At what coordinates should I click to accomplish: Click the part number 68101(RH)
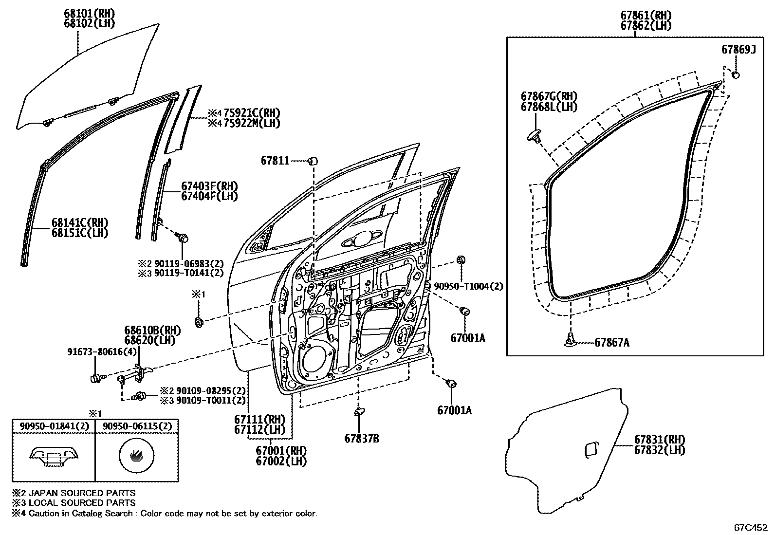click(89, 14)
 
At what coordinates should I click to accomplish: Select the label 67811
click(275, 161)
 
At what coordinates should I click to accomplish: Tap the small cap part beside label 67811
click(313, 161)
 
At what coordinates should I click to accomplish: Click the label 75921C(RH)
click(252, 113)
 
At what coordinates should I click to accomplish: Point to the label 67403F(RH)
click(210, 186)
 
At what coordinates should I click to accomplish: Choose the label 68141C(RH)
click(80, 222)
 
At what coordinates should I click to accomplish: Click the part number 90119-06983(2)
click(189, 264)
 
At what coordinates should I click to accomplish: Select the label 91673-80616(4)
click(102, 352)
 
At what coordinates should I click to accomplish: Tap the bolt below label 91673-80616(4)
click(95, 378)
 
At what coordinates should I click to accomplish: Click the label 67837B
click(362, 439)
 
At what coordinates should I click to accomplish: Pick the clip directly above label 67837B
click(359, 411)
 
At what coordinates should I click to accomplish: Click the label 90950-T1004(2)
click(468, 286)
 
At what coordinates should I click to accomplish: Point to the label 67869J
click(738, 50)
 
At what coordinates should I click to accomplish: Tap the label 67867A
click(612, 343)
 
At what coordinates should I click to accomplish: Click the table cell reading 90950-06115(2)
click(137, 426)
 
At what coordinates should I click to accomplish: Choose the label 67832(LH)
click(660, 450)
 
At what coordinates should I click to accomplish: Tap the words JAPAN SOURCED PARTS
click(82, 493)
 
